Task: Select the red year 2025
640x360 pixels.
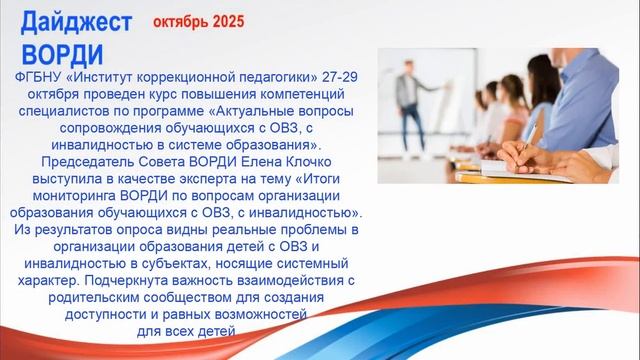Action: pos(229,20)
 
